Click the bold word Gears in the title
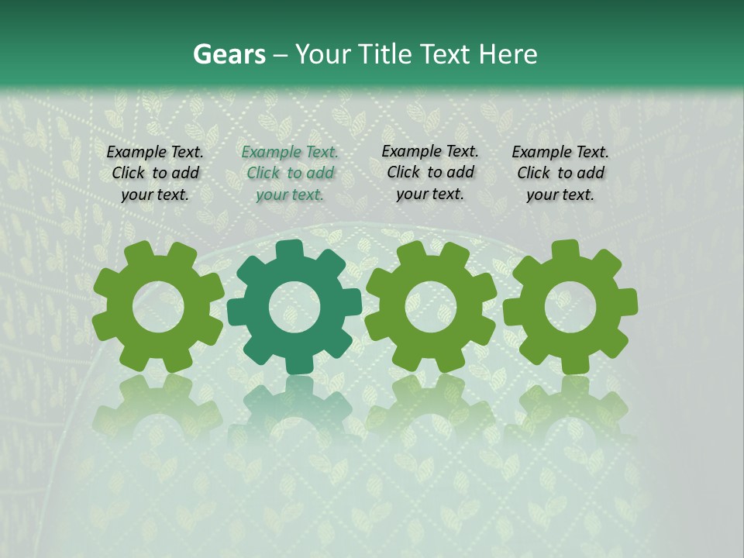[x=229, y=55]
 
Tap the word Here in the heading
[x=508, y=55]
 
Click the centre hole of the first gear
[x=157, y=306]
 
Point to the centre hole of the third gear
[x=430, y=306]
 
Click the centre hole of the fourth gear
[x=570, y=306]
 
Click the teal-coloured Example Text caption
[x=290, y=173]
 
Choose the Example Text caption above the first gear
[x=155, y=173]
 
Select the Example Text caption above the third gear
[x=430, y=172]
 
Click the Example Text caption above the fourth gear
[x=560, y=173]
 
